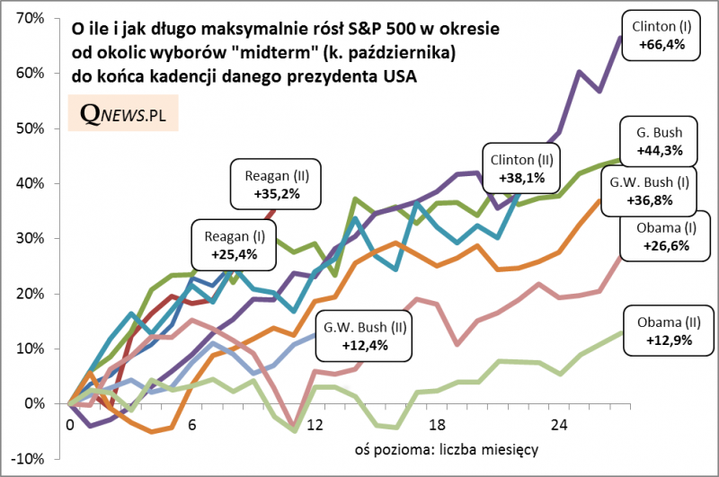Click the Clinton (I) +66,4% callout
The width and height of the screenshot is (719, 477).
coord(661,36)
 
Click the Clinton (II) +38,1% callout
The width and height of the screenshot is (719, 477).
coord(521,168)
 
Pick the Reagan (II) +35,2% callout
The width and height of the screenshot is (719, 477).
coord(276,183)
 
